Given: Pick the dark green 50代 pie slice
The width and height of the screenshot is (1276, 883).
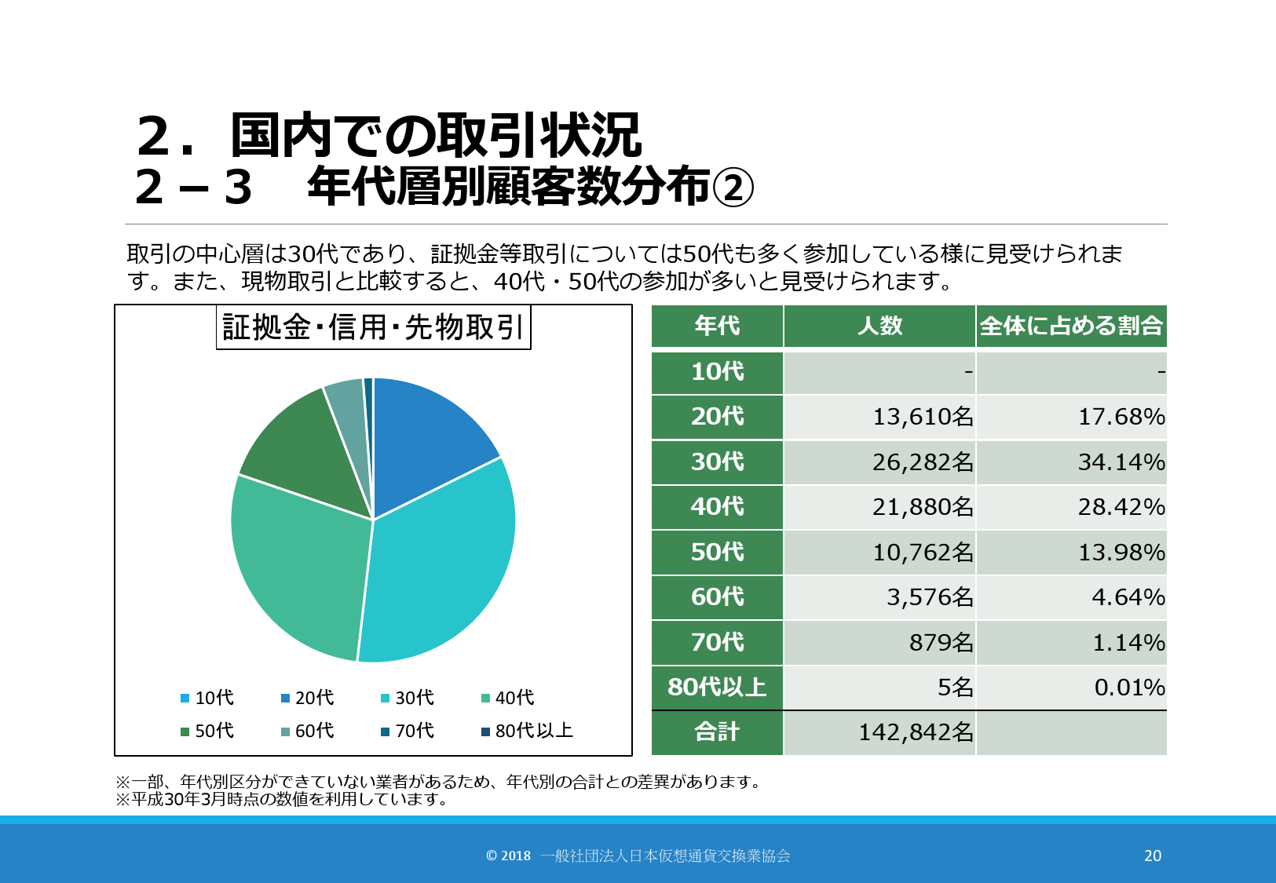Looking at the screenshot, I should pos(302,451).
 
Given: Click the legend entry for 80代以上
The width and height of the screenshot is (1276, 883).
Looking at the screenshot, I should pos(528,731).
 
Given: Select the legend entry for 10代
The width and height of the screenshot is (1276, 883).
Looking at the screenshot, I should pos(207,698).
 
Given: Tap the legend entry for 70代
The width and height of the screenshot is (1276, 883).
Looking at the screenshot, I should pos(408,731).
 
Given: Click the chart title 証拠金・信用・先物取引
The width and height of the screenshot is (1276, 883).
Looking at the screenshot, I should pos(373,327).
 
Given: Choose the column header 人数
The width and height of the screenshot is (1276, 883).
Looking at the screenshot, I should pos(879,326).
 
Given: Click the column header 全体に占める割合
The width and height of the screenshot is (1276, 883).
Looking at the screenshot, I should pos(1071,326).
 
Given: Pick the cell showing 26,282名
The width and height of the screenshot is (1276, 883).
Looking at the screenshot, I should pos(923,462).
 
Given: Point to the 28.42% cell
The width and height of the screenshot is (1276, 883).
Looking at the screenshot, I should pos(1121,507).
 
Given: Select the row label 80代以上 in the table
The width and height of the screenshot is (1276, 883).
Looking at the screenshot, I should pos(717,688).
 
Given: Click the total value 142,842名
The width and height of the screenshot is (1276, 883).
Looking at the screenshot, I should pos(916,732).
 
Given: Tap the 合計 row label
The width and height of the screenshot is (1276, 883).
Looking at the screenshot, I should pos(717,732).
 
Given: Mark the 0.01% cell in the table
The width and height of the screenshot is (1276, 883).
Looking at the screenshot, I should pos(1129,688).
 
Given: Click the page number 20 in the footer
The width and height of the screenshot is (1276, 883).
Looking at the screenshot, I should pos(1152,856).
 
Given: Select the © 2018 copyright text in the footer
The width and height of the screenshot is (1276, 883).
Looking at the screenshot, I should pos(508,856).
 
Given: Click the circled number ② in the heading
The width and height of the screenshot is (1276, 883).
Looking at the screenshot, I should pos(733,188).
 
